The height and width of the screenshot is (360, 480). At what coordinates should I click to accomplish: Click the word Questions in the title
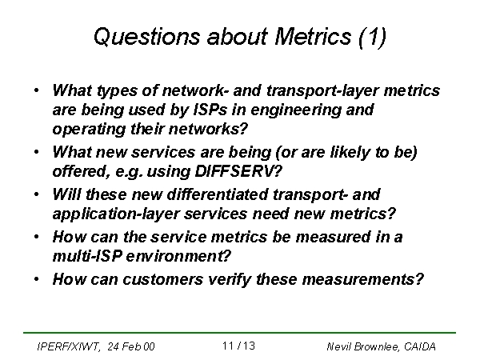pyautogui.click(x=147, y=37)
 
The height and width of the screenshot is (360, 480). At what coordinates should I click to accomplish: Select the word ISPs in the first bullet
pyautogui.click(x=210, y=110)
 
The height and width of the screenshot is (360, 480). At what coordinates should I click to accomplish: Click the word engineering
pyautogui.click(x=296, y=110)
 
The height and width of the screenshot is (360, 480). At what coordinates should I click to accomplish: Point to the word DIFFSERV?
pyautogui.click(x=238, y=171)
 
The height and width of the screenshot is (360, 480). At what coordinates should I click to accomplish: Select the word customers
pyautogui.click(x=163, y=279)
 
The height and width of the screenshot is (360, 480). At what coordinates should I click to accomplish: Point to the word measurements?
pyautogui.click(x=363, y=279)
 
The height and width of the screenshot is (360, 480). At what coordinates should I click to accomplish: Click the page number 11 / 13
pyautogui.click(x=238, y=346)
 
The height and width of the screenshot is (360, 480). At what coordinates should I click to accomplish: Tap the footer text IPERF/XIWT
pyautogui.click(x=69, y=347)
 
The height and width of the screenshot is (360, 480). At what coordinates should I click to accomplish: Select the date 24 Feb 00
pyautogui.click(x=131, y=346)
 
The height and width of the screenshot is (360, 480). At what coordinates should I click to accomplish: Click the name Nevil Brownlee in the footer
pyautogui.click(x=363, y=347)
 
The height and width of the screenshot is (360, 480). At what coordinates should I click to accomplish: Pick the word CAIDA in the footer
pyautogui.click(x=420, y=346)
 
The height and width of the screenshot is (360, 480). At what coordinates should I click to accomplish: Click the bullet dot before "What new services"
pyautogui.click(x=37, y=152)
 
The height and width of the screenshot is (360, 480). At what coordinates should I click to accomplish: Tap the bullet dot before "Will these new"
pyautogui.click(x=37, y=194)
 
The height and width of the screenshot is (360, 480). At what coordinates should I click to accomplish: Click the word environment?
pyautogui.click(x=178, y=256)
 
